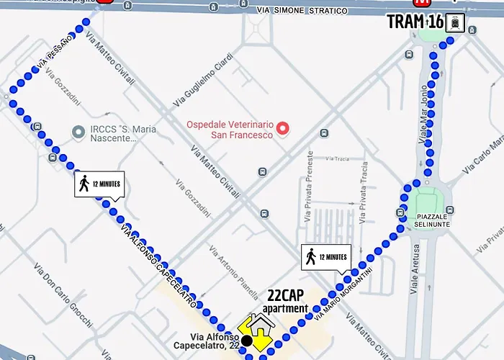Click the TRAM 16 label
(x=415, y=22)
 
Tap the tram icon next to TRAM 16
(x=455, y=22)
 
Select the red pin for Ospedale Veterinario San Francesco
(x=283, y=130)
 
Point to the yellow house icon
(x=256, y=329)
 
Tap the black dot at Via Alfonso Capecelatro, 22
(x=247, y=340)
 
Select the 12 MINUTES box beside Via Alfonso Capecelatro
(x=99, y=184)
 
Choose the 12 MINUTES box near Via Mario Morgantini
(x=325, y=257)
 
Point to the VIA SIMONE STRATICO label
(x=302, y=11)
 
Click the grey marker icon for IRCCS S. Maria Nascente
(x=78, y=132)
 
